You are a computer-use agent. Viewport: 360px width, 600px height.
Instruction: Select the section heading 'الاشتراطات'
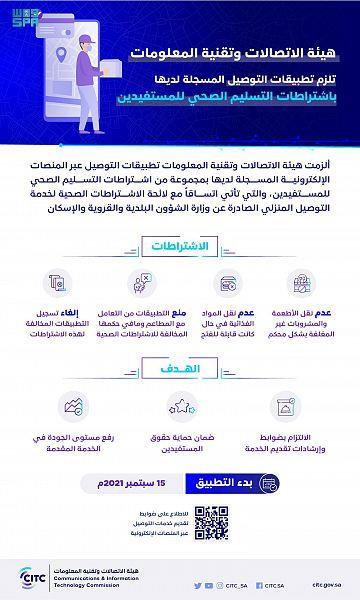180,245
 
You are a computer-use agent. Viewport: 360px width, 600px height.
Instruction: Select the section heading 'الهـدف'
179,367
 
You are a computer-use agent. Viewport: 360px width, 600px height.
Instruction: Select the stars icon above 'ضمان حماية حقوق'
181,406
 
